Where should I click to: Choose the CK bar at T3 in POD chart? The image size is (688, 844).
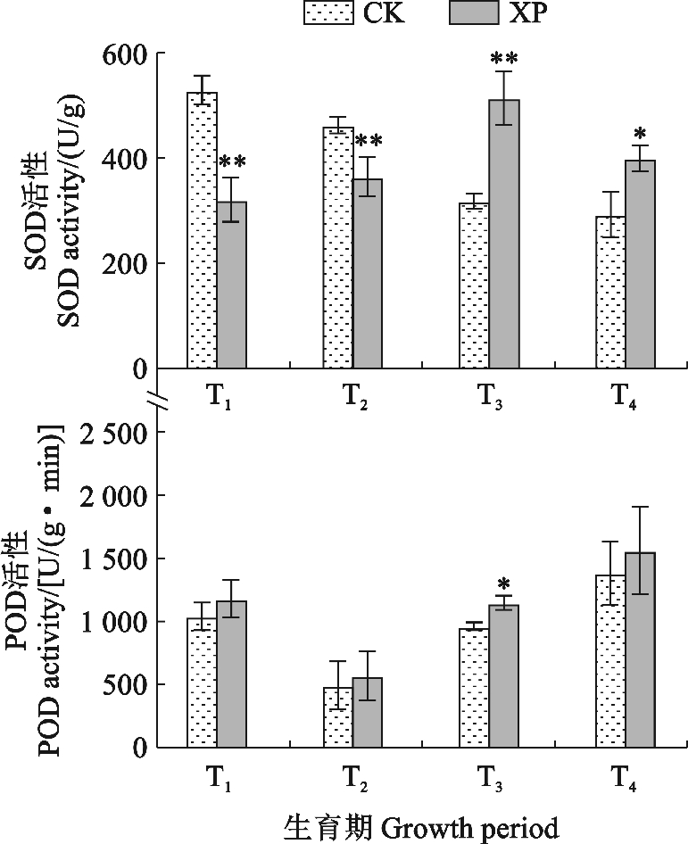click(474, 688)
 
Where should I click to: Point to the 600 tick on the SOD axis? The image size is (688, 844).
click(126, 54)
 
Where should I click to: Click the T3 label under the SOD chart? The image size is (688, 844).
click(490, 399)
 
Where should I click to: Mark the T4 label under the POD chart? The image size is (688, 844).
click(627, 778)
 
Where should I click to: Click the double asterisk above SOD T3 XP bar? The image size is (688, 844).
click(504, 60)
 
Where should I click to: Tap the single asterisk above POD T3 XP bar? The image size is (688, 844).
click(504, 585)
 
